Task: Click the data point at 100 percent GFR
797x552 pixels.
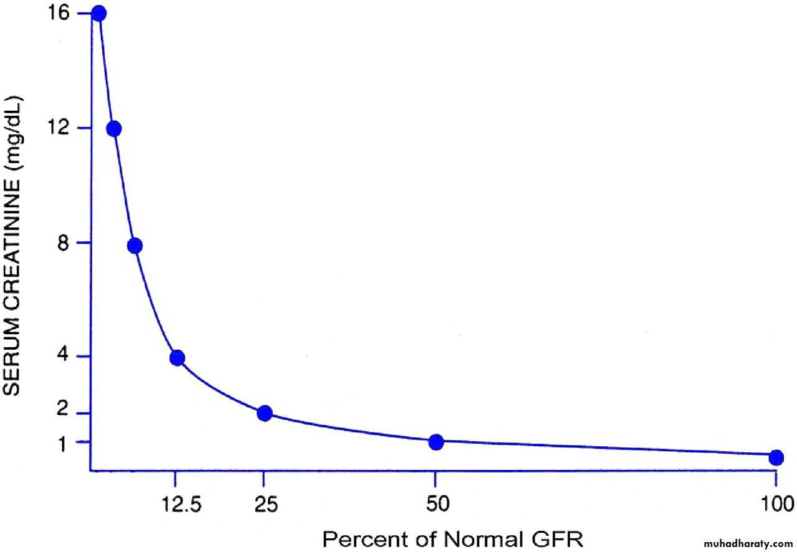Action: tap(776, 457)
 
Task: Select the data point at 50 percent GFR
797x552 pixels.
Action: tap(436, 442)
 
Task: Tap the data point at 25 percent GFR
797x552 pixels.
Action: tap(265, 413)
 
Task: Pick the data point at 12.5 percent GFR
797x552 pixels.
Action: tap(177, 358)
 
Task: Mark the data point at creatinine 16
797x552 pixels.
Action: tap(98, 14)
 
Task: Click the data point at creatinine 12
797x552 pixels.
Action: tap(113, 129)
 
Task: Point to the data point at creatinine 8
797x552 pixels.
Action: tap(134, 246)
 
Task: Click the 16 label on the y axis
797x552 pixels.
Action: tap(65, 13)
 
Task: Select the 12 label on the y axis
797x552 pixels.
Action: tap(65, 128)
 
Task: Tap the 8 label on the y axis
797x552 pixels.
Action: tap(69, 243)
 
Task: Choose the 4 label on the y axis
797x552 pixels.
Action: tap(69, 357)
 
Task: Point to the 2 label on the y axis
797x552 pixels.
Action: tap(69, 413)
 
